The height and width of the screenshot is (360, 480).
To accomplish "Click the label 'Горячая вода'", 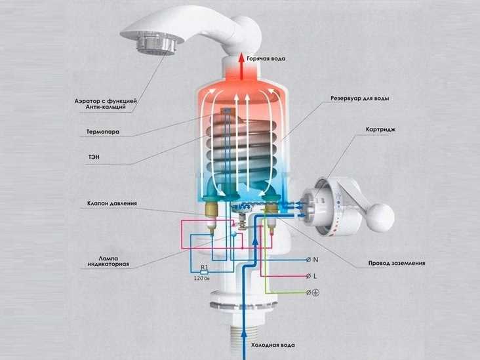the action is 266,58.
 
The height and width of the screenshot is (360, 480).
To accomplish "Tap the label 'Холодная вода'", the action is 273,345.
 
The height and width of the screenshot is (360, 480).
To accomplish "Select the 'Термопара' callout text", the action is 103,132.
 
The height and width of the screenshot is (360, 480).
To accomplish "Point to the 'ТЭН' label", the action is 94,157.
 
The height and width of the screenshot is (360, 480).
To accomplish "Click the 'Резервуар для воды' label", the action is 360,98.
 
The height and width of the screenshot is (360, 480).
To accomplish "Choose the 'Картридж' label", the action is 380,129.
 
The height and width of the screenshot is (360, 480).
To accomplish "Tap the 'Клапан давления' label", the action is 112,203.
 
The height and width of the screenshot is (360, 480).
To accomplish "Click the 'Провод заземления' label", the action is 397,263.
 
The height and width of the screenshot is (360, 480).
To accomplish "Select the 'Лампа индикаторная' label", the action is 108,261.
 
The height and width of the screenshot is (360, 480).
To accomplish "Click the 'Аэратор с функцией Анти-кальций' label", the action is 106,104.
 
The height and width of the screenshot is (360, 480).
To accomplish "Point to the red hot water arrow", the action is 242,67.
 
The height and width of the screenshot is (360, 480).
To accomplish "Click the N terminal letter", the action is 316,260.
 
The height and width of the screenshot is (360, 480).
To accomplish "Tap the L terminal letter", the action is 315,276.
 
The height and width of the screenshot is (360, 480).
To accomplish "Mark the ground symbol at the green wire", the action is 315,292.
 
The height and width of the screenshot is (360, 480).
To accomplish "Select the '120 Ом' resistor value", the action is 202,279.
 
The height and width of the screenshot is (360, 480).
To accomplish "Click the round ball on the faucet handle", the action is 381,217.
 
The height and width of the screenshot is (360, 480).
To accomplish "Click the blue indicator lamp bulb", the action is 234,234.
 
